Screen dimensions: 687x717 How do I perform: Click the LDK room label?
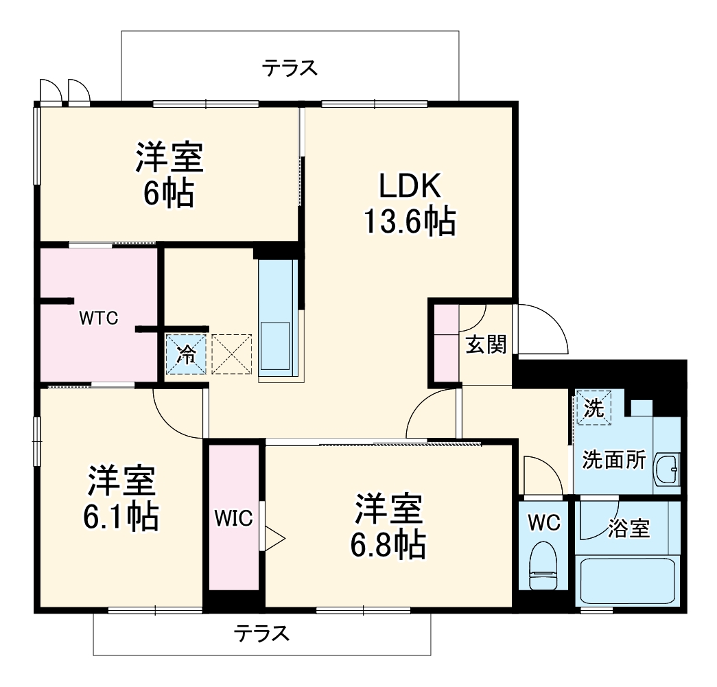[x=409, y=186]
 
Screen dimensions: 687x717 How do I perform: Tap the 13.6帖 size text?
[x=409, y=222]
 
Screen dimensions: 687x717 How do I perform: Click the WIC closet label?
[x=233, y=517]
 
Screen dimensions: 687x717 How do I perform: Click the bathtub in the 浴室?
[x=627, y=581]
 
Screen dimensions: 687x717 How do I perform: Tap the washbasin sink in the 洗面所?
[x=666, y=470]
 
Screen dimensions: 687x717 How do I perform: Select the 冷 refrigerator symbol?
[x=185, y=354]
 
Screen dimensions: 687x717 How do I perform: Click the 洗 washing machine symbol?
[x=593, y=408]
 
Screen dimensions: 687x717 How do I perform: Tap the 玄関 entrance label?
[x=486, y=345]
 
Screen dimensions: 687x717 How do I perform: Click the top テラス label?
[x=290, y=68]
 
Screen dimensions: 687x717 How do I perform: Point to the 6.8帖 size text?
[x=389, y=546]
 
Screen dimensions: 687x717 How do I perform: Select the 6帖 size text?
[x=168, y=194]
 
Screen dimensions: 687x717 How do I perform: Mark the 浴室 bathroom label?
[x=628, y=528]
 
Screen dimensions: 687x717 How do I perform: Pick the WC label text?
[x=544, y=522]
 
